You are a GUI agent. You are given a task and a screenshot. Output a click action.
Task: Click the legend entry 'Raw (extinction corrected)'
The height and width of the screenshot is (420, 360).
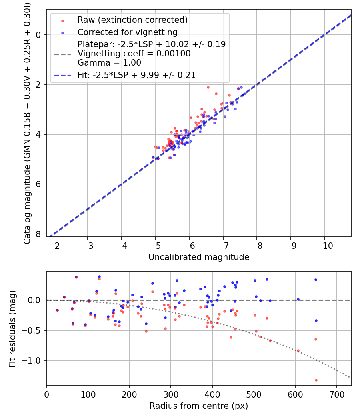click(132, 20)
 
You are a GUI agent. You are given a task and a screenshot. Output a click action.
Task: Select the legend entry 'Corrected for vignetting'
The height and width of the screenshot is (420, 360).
click(127, 32)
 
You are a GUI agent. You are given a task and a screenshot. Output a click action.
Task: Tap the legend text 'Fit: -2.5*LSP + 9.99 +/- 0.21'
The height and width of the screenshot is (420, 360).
click(136, 75)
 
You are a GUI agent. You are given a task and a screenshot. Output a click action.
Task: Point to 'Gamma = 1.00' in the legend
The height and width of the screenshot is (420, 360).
click(109, 62)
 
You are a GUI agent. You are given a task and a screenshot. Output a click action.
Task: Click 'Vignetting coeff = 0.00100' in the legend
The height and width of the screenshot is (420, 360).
click(134, 54)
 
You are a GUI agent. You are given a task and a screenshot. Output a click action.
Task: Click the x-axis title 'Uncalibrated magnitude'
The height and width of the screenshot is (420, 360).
click(199, 257)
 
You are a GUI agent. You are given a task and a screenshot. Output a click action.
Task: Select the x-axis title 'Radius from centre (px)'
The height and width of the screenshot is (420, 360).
click(199, 406)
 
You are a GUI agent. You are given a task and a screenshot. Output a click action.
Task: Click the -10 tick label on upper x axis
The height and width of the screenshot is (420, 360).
click(324, 245)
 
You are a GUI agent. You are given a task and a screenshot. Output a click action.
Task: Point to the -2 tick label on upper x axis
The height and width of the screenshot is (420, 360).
click(54, 245)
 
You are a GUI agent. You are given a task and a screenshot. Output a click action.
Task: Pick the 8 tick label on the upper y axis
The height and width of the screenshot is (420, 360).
click(38, 234)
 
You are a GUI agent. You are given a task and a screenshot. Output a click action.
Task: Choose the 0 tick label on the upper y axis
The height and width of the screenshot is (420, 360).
click(38, 35)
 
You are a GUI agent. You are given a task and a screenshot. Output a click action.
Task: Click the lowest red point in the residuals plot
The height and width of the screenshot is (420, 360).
click(316, 380)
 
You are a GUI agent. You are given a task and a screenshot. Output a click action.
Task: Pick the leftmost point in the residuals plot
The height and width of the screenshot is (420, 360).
click(57, 310)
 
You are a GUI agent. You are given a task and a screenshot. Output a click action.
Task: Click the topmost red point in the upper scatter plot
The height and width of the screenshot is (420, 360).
click(208, 87)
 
